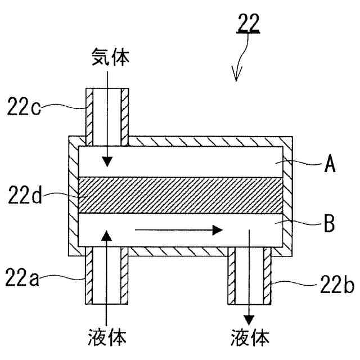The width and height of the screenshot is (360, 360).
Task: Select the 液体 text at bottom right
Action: click(250, 337)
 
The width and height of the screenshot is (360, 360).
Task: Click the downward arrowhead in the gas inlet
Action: click(107, 164)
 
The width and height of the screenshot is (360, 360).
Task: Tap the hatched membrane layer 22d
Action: click(180, 196)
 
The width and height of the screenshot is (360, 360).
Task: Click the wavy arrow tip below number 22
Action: click(236, 79)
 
